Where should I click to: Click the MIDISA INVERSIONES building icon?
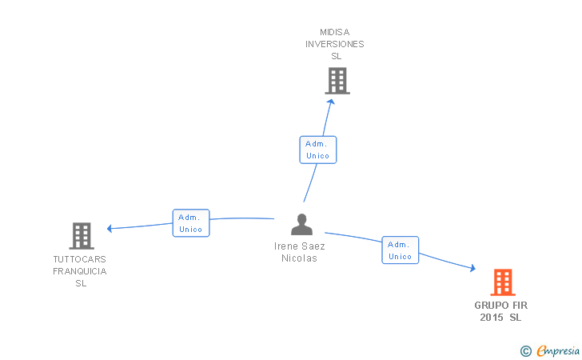click(x=337, y=81)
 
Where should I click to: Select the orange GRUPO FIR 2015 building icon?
click(x=502, y=282)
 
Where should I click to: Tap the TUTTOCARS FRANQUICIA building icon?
click(x=82, y=236)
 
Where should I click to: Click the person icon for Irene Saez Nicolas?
click(x=301, y=225)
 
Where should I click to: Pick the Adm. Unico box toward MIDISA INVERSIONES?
click(x=318, y=150)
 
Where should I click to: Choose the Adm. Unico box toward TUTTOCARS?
click(x=191, y=223)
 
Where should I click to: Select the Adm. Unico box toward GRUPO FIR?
click(x=401, y=250)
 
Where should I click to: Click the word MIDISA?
click(x=334, y=32)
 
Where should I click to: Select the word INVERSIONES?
click(x=334, y=44)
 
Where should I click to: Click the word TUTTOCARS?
click(x=79, y=259)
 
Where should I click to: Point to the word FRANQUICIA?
click(x=79, y=271)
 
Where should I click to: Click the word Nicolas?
click(x=300, y=258)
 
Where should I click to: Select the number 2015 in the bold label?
click(x=492, y=318)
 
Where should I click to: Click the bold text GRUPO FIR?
click(x=501, y=306)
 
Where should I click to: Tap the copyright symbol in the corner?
click(x=526, y=350)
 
